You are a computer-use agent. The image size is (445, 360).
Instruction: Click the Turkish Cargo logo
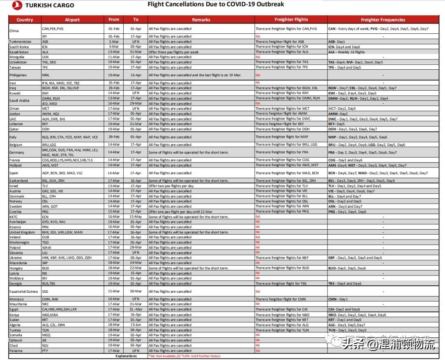coord(43,5)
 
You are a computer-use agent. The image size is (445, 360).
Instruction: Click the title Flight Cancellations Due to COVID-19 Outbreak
coord(215,5)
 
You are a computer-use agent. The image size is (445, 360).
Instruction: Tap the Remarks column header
coord(201,20)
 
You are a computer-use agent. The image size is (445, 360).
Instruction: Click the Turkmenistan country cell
coord(21,42)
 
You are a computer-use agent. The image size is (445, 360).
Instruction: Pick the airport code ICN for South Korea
coord(45,47)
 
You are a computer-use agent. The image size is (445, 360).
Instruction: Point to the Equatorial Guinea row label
coord(24,292)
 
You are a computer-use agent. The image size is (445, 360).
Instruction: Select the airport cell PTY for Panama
coord(45,351)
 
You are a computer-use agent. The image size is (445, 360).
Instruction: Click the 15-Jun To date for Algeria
coord(136,325)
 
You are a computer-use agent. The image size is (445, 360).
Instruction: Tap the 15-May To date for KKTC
coord(136,217)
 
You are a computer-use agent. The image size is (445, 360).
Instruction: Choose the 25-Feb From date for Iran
coord(114,83)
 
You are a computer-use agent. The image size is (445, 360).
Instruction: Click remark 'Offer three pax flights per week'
coord(173,52)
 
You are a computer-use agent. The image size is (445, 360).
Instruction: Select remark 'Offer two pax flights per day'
coord(171,186)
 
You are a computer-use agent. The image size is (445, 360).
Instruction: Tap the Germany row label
coord(17,153)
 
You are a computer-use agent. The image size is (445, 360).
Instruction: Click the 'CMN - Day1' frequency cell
coord(338,299)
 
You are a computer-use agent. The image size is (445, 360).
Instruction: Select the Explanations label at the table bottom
coord(126,356)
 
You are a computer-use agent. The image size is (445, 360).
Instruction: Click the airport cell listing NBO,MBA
coord(51,315)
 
